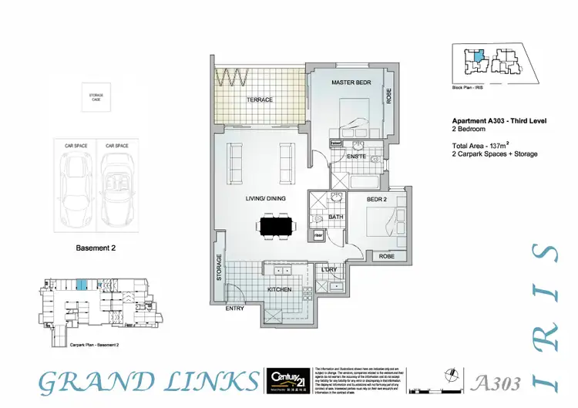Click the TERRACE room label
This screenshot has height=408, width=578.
(260, 100)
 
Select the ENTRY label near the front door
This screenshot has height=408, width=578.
(234, 309)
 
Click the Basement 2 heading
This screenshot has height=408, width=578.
(96, 248)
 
